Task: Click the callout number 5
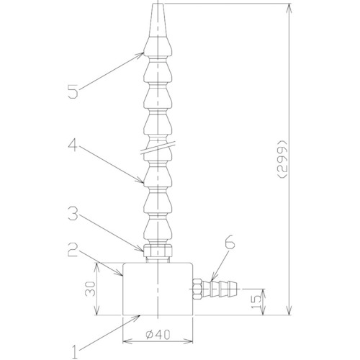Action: point(73,92)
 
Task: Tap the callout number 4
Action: point(73,146)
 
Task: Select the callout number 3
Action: point(73,214)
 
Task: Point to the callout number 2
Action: point(73,250)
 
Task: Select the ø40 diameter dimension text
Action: point(158,335)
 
